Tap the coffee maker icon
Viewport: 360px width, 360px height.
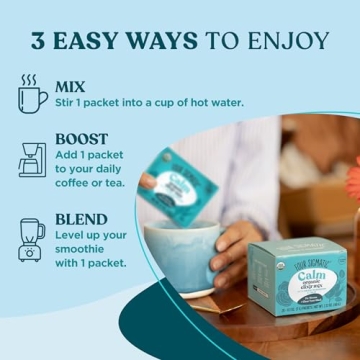coord(32,160)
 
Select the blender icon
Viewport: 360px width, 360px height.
coord(29,240)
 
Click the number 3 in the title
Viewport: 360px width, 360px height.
coord(41,41)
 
